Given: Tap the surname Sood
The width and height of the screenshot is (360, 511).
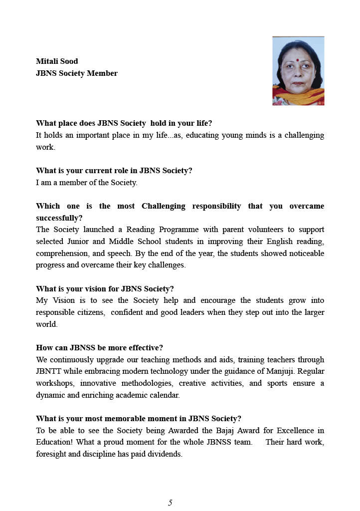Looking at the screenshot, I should click(69, 61).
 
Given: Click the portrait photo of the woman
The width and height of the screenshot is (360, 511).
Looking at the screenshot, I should click(298, 71).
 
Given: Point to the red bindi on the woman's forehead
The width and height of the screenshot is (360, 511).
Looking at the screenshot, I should click(297, 59).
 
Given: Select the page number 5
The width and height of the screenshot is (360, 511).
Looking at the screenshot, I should click(170, 503).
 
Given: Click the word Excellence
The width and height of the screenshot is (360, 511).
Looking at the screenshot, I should click(290, 431).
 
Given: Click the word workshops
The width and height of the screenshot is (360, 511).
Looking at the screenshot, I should click(54, 383).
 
